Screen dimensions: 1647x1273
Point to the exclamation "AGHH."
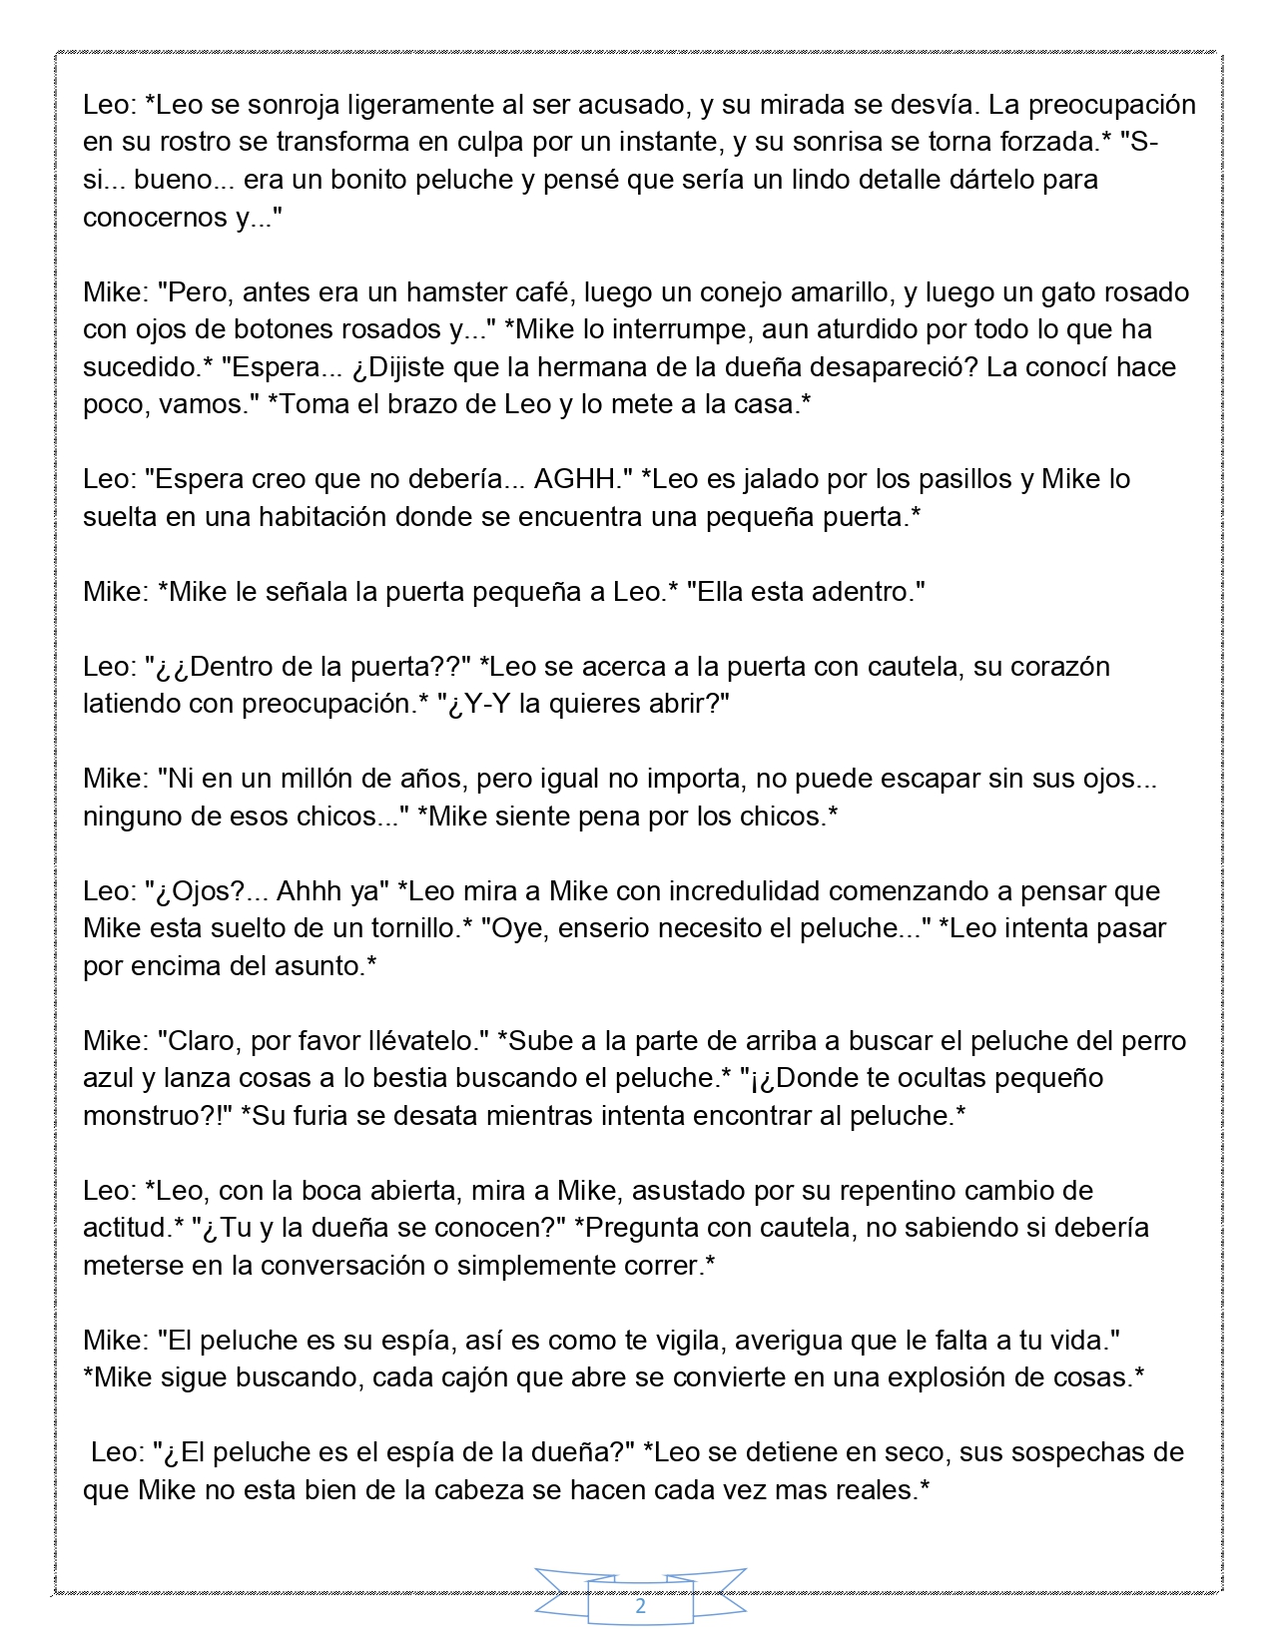(x=578, y=479)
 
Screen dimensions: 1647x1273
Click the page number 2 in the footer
(x=640, y=1607)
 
